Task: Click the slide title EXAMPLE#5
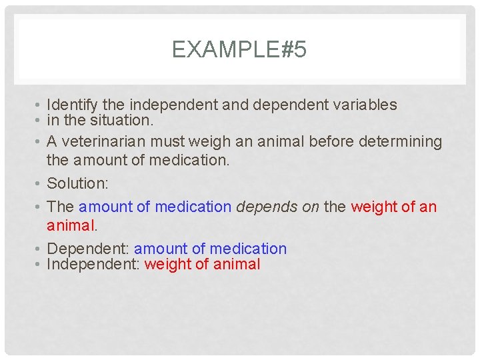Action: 239,50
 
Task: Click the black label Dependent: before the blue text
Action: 89,249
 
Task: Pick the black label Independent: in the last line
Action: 93,264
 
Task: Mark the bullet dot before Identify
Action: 40,105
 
